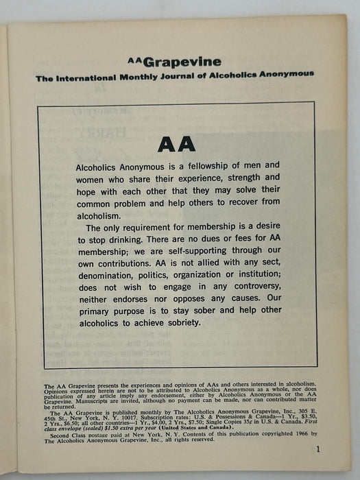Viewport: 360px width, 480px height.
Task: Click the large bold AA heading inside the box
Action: (x=176, y=144)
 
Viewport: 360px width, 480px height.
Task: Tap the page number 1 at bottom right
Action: (x=319, y=449)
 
